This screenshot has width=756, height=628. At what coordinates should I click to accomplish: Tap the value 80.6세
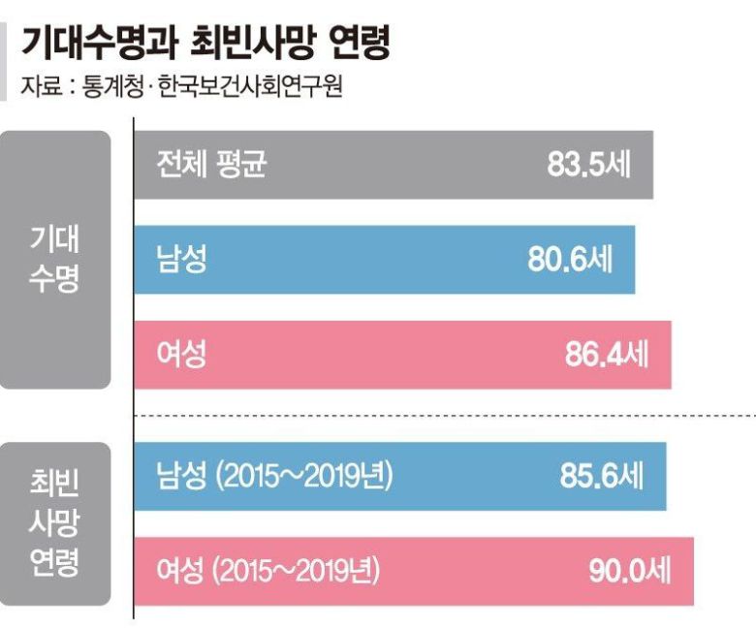[x=570, y=260]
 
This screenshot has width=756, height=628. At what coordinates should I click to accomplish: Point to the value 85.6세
[x=601, y=476]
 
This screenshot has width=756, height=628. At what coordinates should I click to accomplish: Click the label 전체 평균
[x=210, y=165]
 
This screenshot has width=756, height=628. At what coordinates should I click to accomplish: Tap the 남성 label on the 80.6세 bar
[x=180, y=260]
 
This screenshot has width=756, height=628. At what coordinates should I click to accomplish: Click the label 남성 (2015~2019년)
[x=274, y=476]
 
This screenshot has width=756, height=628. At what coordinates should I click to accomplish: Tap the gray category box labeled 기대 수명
[x=55, y=260]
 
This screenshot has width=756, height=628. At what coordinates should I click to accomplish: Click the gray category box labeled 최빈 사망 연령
[x=55, y=523]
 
